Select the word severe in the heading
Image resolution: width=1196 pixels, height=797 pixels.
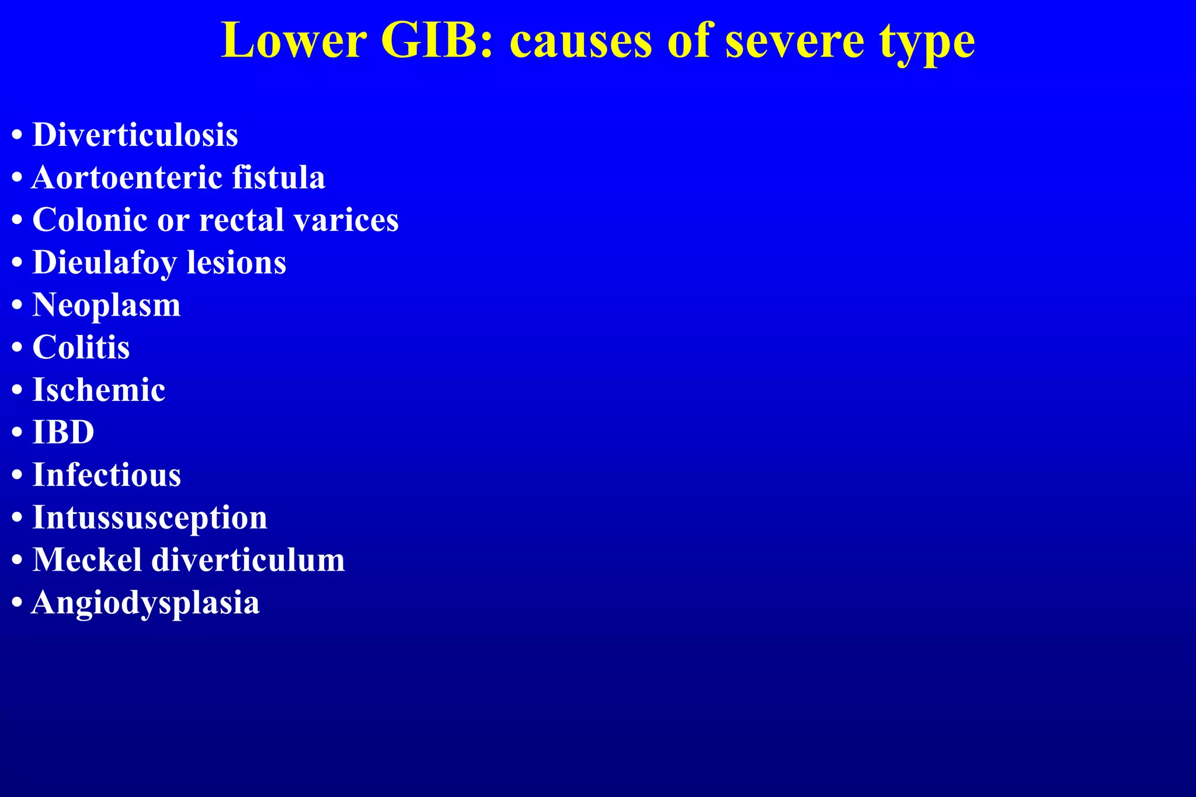tap(794, 41)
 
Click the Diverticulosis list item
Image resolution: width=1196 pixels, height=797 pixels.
tap(135, 135)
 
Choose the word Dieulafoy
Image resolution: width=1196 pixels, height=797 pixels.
tap(105, 263)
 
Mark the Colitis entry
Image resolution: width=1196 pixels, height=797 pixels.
tap(81, 348)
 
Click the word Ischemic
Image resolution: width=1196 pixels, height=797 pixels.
tap(99, 390)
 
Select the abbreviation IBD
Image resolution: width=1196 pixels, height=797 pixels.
tap(63, 432)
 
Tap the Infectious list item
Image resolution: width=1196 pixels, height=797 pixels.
tap(106, 475)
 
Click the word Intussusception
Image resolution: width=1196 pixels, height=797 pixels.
tap(149, 518)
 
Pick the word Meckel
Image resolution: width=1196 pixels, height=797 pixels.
tap(87, 560)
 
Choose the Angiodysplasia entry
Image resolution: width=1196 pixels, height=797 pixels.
tap(145, 603)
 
